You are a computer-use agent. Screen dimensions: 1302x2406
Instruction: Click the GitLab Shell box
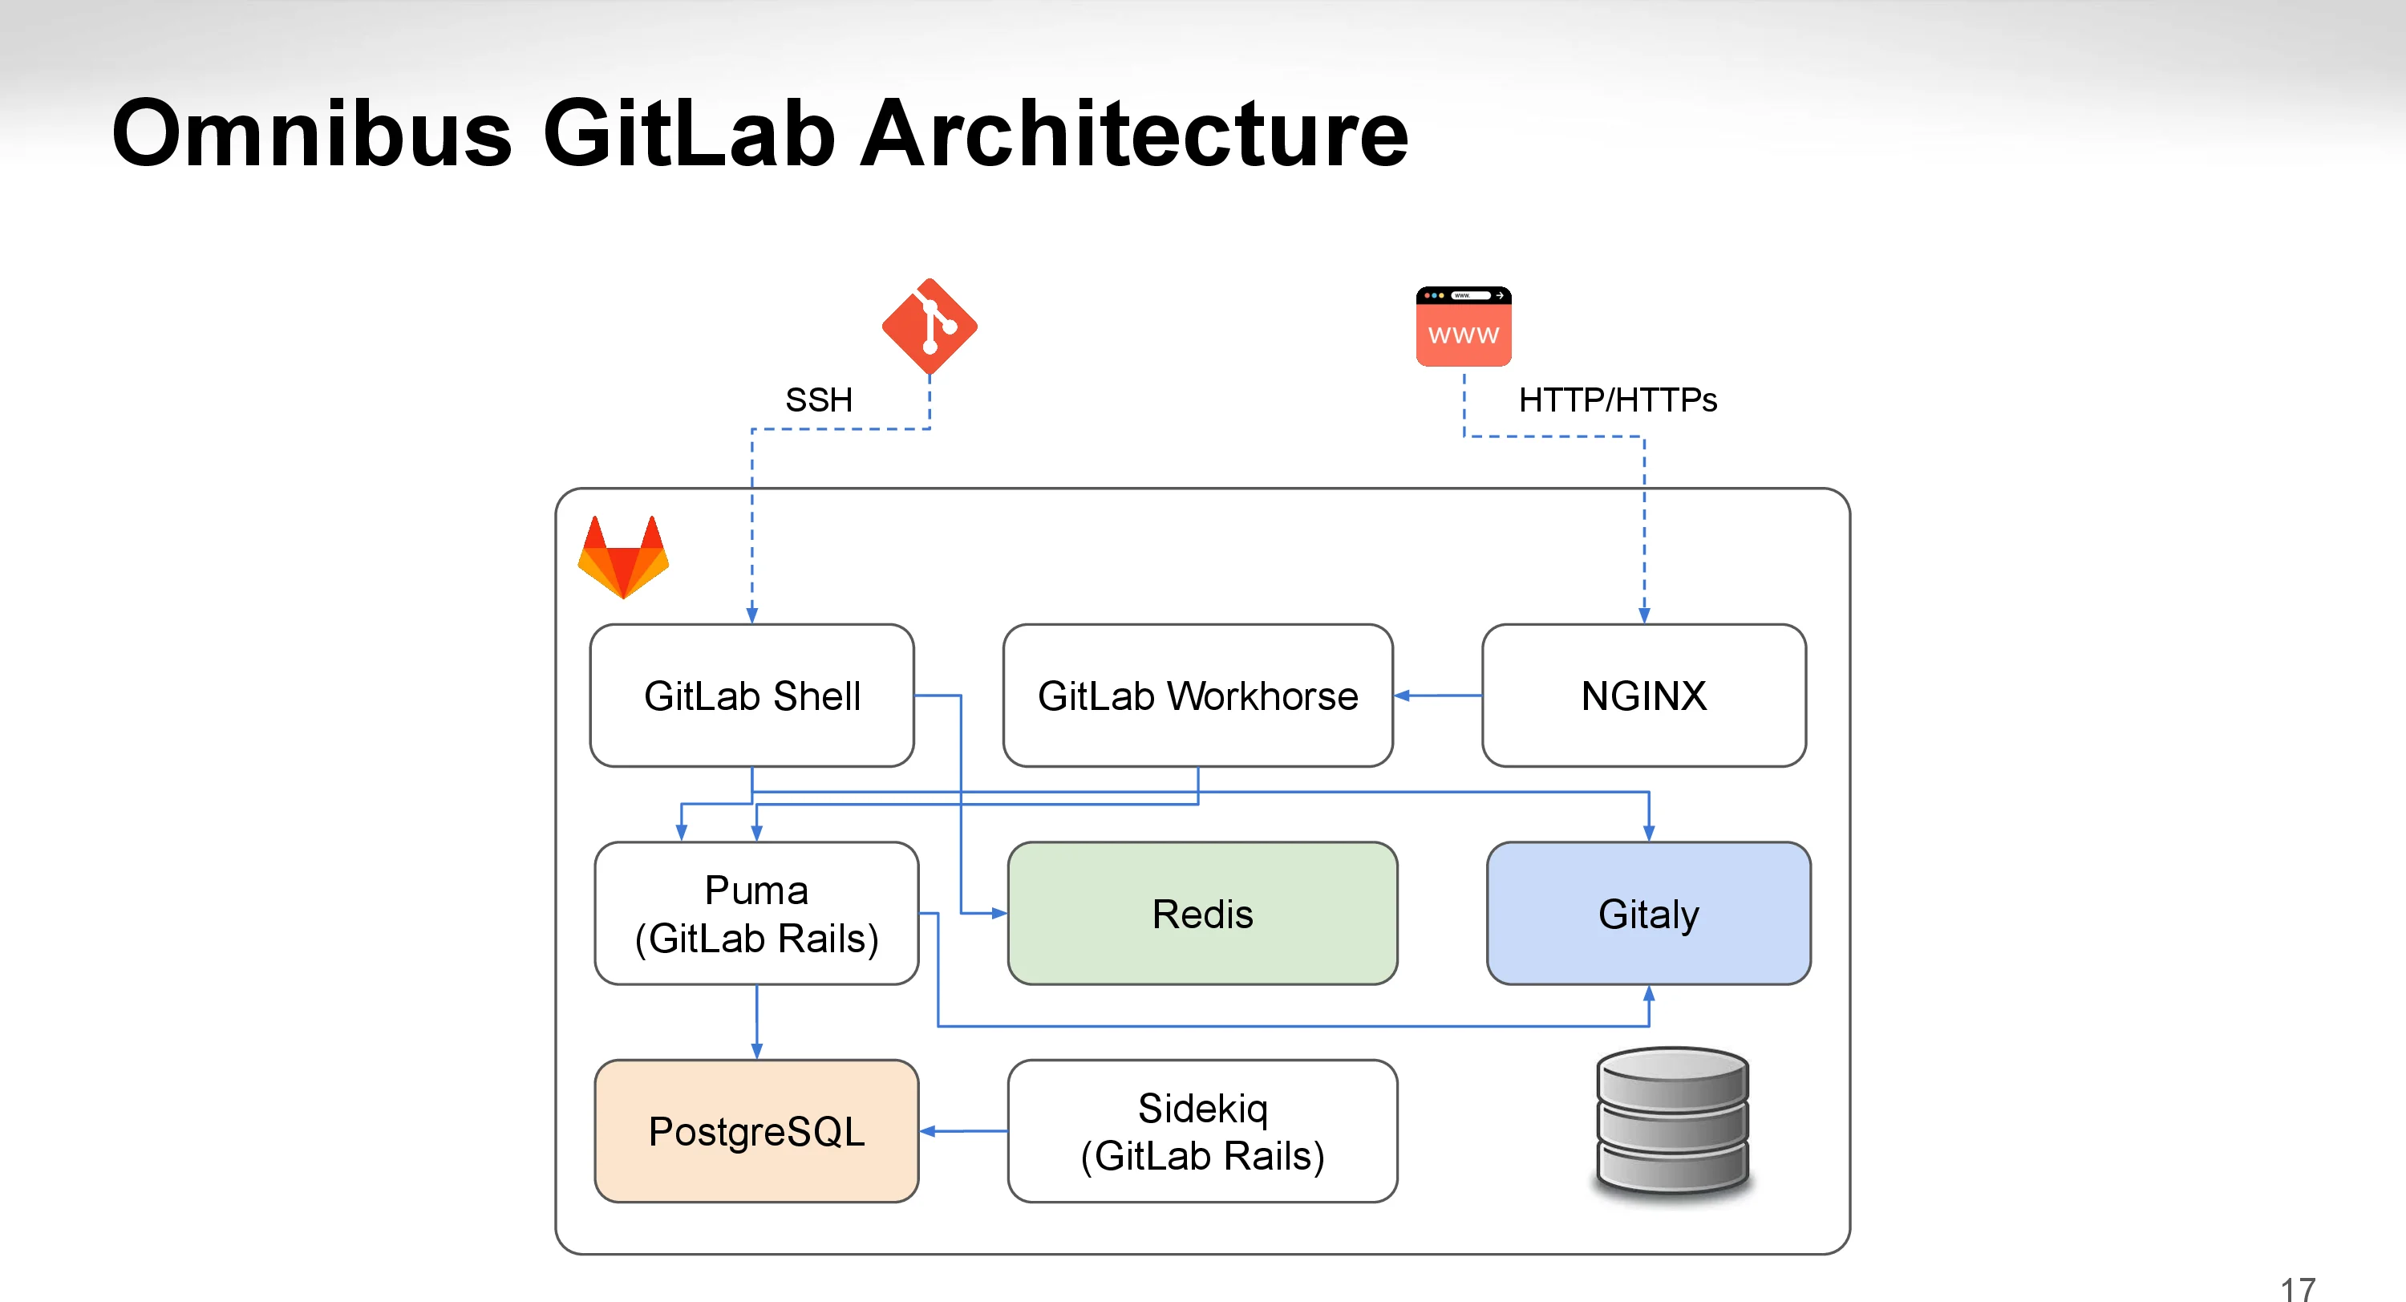tap(752, 696)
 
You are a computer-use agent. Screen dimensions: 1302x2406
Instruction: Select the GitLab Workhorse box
tap(1197, 696)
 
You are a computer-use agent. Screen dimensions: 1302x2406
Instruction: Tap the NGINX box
tap(1643, 696)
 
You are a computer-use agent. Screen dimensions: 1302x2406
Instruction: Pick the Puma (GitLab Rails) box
tap(755, 914)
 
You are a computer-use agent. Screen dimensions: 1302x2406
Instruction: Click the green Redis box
tap(1202, 914)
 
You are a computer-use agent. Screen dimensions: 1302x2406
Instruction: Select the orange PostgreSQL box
tap(755, 1131)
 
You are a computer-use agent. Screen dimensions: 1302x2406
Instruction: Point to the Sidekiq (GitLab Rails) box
tap(1202, 1131)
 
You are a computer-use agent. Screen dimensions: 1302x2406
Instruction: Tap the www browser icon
tap(1463, 327)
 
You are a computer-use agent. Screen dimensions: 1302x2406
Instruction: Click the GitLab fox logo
tap(623, 558)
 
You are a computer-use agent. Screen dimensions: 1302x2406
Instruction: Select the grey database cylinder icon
tap(1672, 1121)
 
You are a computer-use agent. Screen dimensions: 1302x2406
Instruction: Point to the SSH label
tap(818, 400)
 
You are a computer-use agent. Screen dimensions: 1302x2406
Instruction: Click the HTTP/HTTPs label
tap(1617, 400)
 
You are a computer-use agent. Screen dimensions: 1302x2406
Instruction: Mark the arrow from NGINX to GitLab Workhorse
tap(1437, 696)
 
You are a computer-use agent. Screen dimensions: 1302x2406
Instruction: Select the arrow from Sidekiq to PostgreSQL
tap(963, 1131)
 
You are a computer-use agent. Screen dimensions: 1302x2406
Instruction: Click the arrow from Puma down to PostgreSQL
tap(755, 1022)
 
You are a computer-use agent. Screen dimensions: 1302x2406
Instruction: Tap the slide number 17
tap(2298, 1289)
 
